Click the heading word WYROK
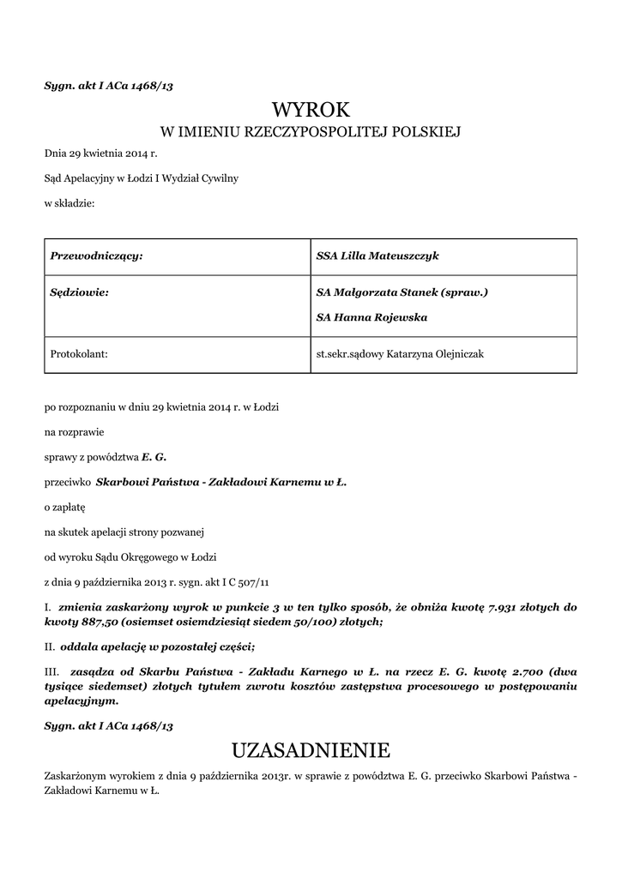coord(311,110)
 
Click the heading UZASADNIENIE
coord(311,751)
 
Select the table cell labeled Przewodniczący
coord(96,256)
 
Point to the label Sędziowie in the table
coord(80,292)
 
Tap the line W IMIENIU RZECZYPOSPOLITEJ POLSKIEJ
coord(311,132)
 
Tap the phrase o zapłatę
coord(59,507)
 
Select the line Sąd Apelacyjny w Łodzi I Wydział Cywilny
coord(142,178)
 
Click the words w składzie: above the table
coord(69,203)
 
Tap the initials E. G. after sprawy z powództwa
coord(154,457)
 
